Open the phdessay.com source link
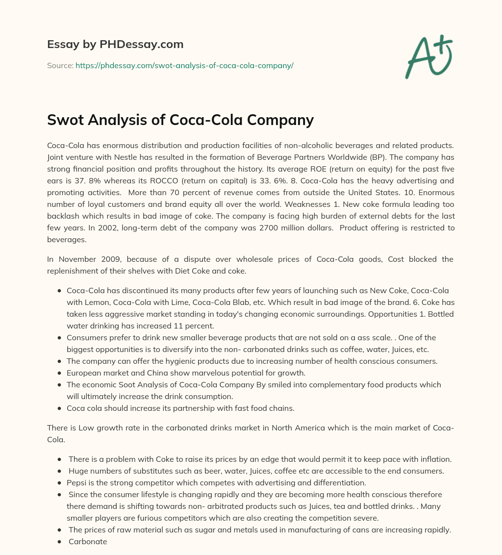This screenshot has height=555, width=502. tap(184, 65)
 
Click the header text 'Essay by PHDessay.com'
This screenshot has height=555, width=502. tap(115, 45)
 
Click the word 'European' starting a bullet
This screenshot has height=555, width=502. tap(83, 373)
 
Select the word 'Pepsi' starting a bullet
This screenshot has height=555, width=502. tap(76, 483)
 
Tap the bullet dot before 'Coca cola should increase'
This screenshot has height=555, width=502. tap(59, 408)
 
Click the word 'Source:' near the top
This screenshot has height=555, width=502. tap(60, 65)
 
